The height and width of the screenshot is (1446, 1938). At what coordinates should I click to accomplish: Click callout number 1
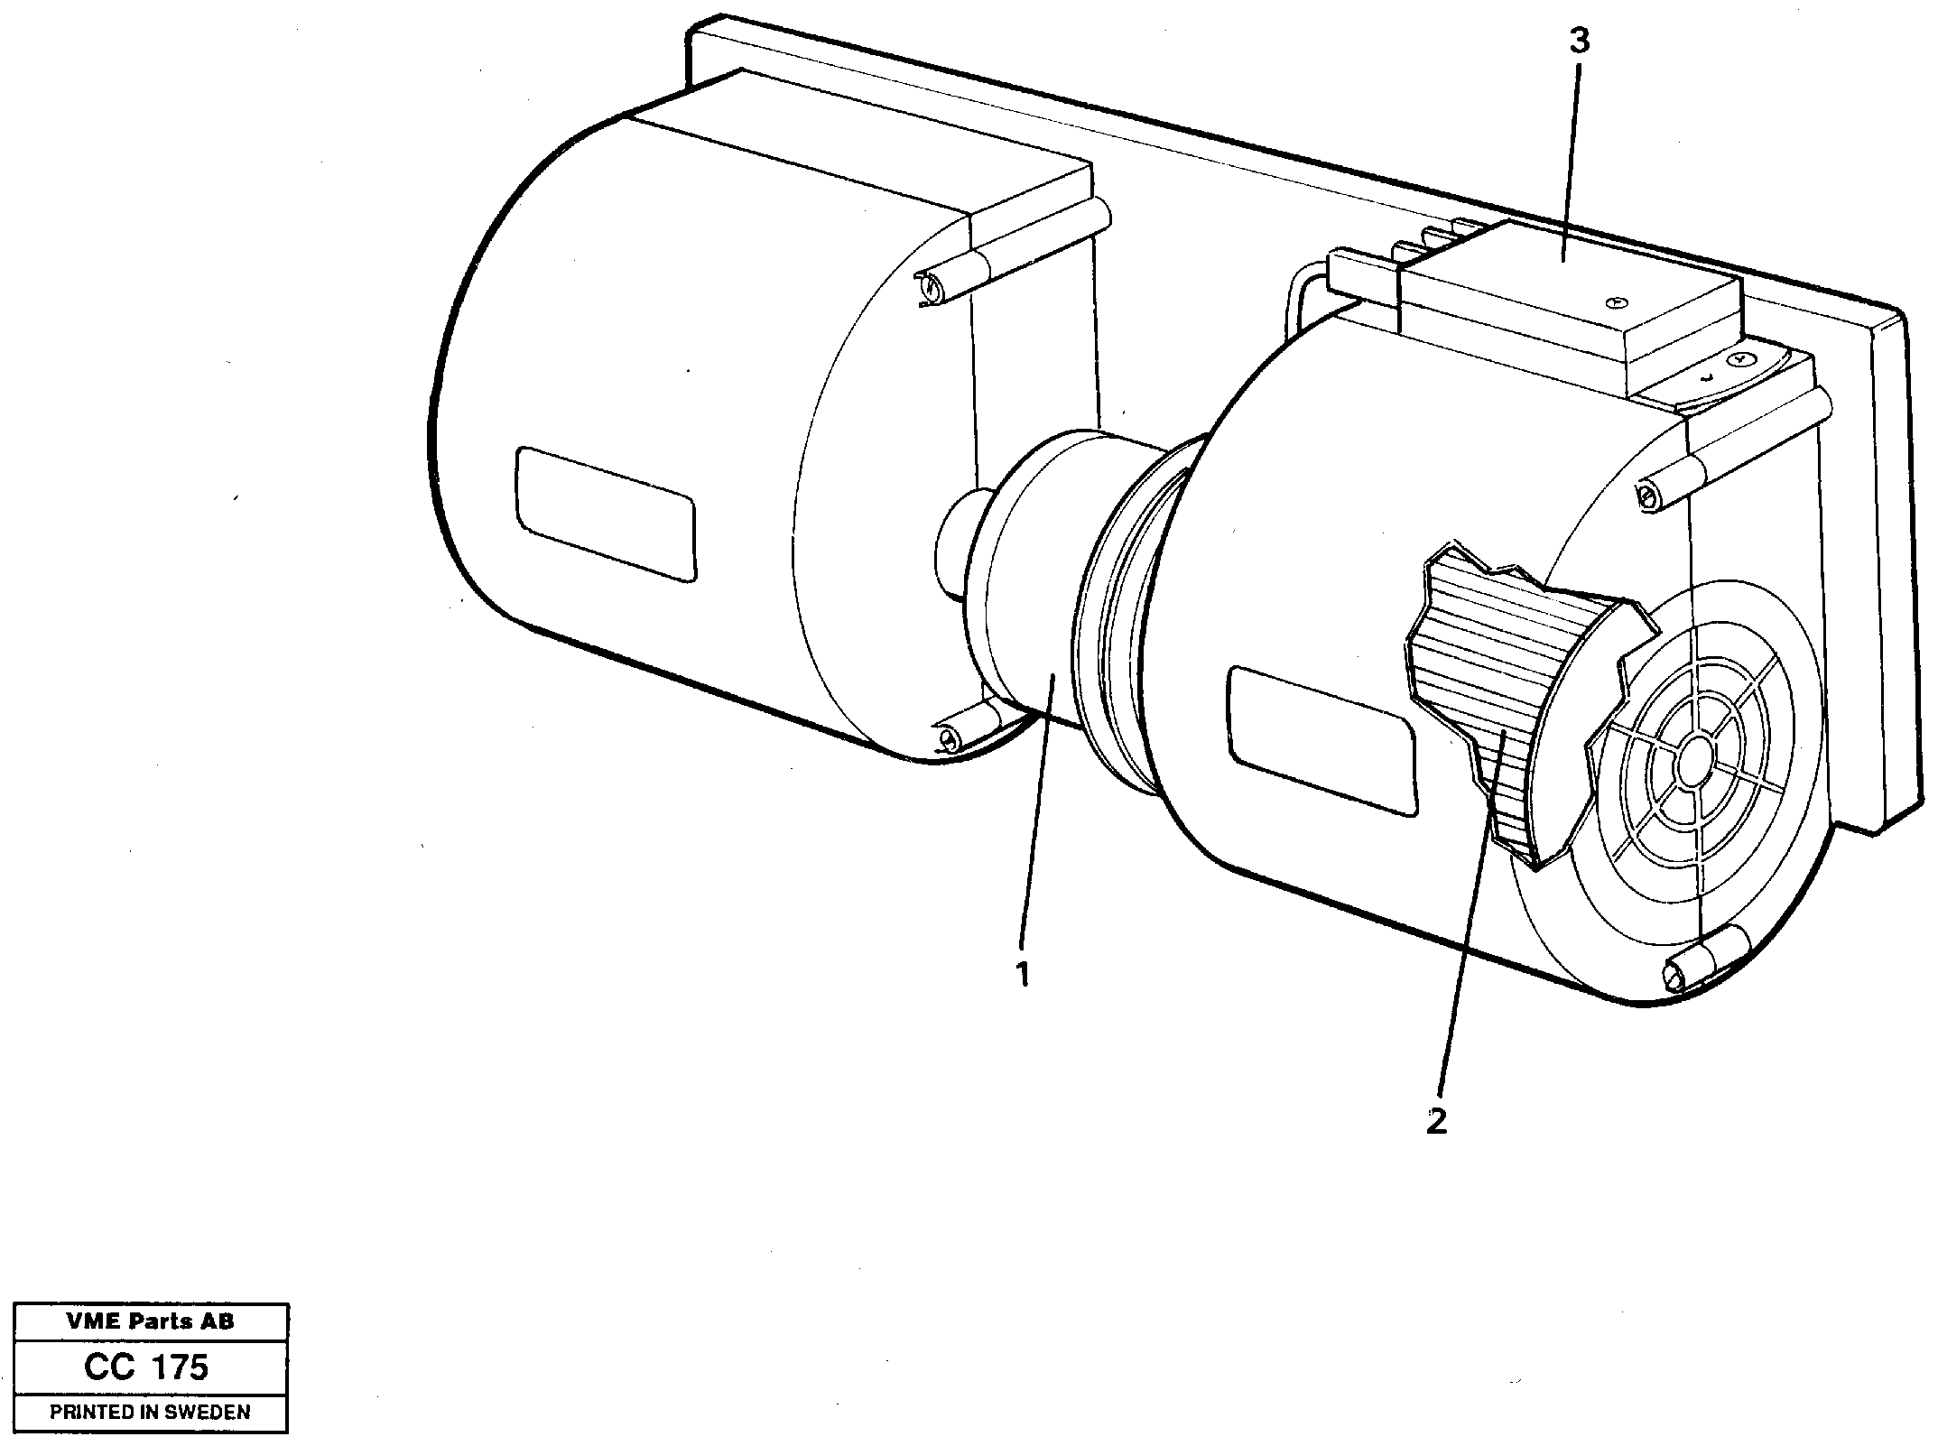click(1023, 975)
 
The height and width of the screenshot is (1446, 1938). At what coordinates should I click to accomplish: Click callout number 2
click(1436, 1122)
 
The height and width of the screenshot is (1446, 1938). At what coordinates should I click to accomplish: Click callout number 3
click(1579, 42)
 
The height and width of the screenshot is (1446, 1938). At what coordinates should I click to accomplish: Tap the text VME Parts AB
click(150, 1321)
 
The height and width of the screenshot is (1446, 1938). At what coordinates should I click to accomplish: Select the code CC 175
click(146, 1368)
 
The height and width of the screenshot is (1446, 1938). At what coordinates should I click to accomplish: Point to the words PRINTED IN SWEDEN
click(150, 1413)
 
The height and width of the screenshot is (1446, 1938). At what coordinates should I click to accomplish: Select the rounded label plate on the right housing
click(1321, 740)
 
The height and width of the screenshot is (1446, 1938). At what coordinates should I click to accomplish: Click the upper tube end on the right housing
click(1648, 494)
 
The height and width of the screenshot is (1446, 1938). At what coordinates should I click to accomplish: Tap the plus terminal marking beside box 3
click(1741, 358)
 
